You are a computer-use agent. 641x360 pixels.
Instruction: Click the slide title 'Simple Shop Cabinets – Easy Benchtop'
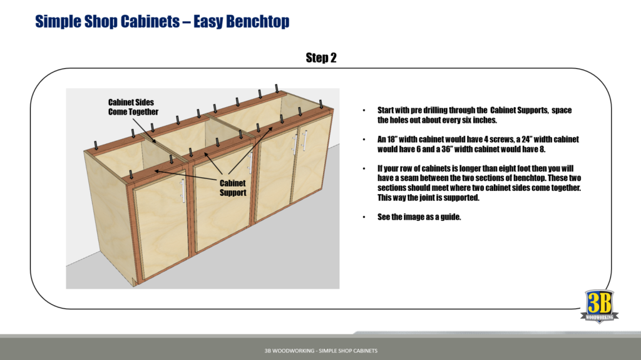point(162,21)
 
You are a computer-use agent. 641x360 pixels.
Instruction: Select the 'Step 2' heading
point(321,58)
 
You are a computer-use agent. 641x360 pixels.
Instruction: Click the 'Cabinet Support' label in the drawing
point(232,188)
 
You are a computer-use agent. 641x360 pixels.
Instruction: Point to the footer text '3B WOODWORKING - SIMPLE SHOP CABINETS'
point(320,351)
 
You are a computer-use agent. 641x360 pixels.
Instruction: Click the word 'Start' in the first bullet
point(387,110)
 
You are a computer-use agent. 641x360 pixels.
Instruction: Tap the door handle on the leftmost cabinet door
point(182,190)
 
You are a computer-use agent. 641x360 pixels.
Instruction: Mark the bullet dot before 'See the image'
point(364,218)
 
